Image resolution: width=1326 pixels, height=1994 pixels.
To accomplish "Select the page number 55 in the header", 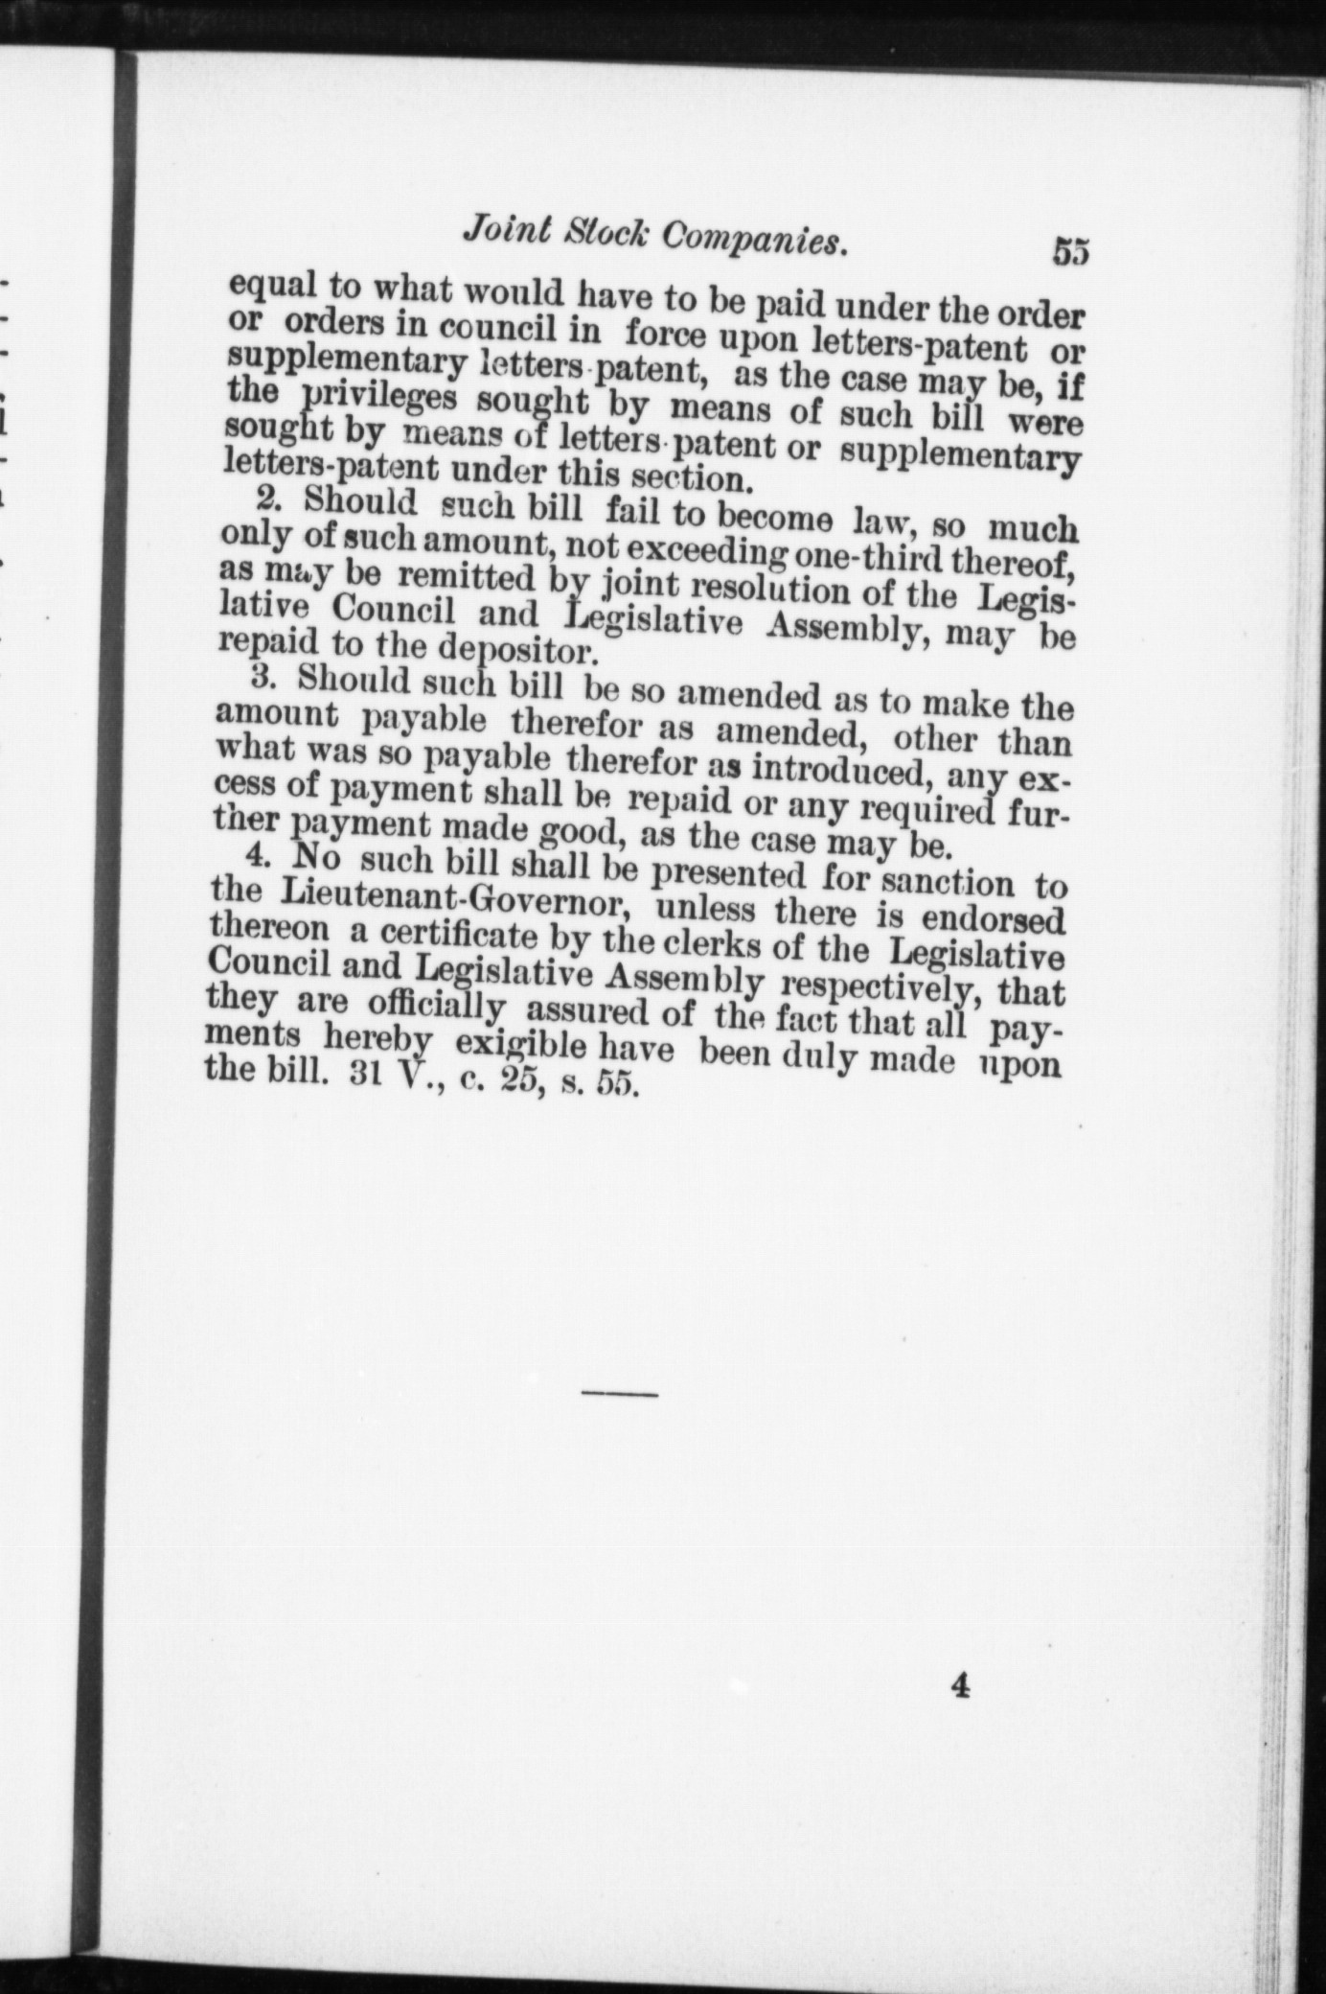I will point(1070,251).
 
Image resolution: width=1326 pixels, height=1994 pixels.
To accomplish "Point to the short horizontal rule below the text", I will point(619,1392).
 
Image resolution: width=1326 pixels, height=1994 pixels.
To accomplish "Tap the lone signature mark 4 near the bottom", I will point(961,1685).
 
